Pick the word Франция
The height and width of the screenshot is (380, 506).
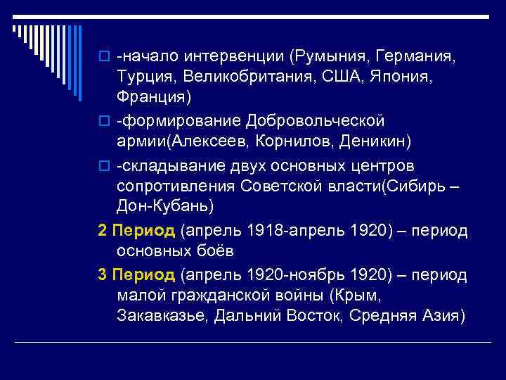(x=153, y=95)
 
